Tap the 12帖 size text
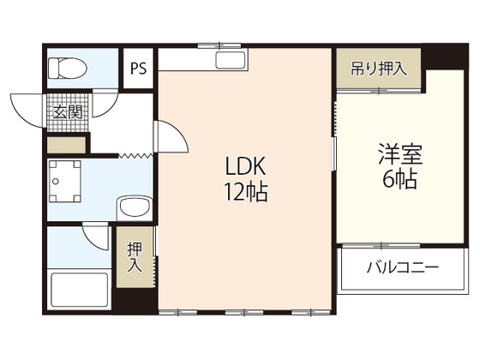point(247,193)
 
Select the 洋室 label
point(399,158)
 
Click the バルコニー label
point(403,267)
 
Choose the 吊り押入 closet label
point(379,69)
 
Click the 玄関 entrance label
point(66,111)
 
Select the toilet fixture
point(63,67)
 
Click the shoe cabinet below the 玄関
point(67,144)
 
